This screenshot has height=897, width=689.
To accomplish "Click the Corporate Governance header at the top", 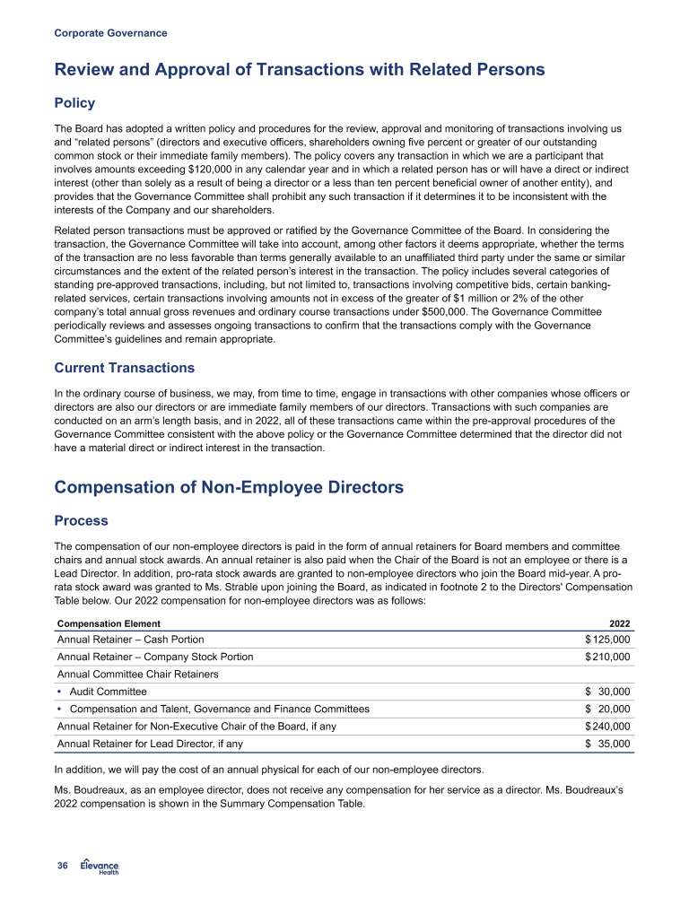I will click(110, 33).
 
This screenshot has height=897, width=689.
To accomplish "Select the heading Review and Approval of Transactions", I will click(300, 69).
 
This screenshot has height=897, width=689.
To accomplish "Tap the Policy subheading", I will click(74, 103).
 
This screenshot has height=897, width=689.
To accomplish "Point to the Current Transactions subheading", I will click(124, 368).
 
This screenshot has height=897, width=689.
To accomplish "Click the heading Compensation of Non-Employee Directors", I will click(229, 487).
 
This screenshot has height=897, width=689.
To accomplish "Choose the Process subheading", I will click(82, 521).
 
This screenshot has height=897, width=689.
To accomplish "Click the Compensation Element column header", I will click(109, 623).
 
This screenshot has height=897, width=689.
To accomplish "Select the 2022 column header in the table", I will click(619, 623).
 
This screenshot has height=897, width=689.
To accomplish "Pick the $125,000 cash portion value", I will click(607, 640).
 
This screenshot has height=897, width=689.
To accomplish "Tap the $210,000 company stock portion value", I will click(607, 658).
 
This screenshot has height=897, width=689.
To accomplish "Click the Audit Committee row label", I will click(108, 692).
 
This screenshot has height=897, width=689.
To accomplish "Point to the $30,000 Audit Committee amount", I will click(607, 692).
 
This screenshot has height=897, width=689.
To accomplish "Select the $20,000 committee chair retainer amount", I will click(607, 710).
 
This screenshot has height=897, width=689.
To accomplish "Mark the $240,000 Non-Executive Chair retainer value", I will click(607, 727).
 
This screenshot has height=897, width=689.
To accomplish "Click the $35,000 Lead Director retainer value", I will click(607, 744).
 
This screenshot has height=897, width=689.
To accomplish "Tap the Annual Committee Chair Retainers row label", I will click(138, 675).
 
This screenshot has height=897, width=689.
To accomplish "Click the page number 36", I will click(63, 866).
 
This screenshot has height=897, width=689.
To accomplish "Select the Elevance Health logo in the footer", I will click(100, 866).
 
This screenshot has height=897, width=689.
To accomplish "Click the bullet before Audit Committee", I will click(60, 692).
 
